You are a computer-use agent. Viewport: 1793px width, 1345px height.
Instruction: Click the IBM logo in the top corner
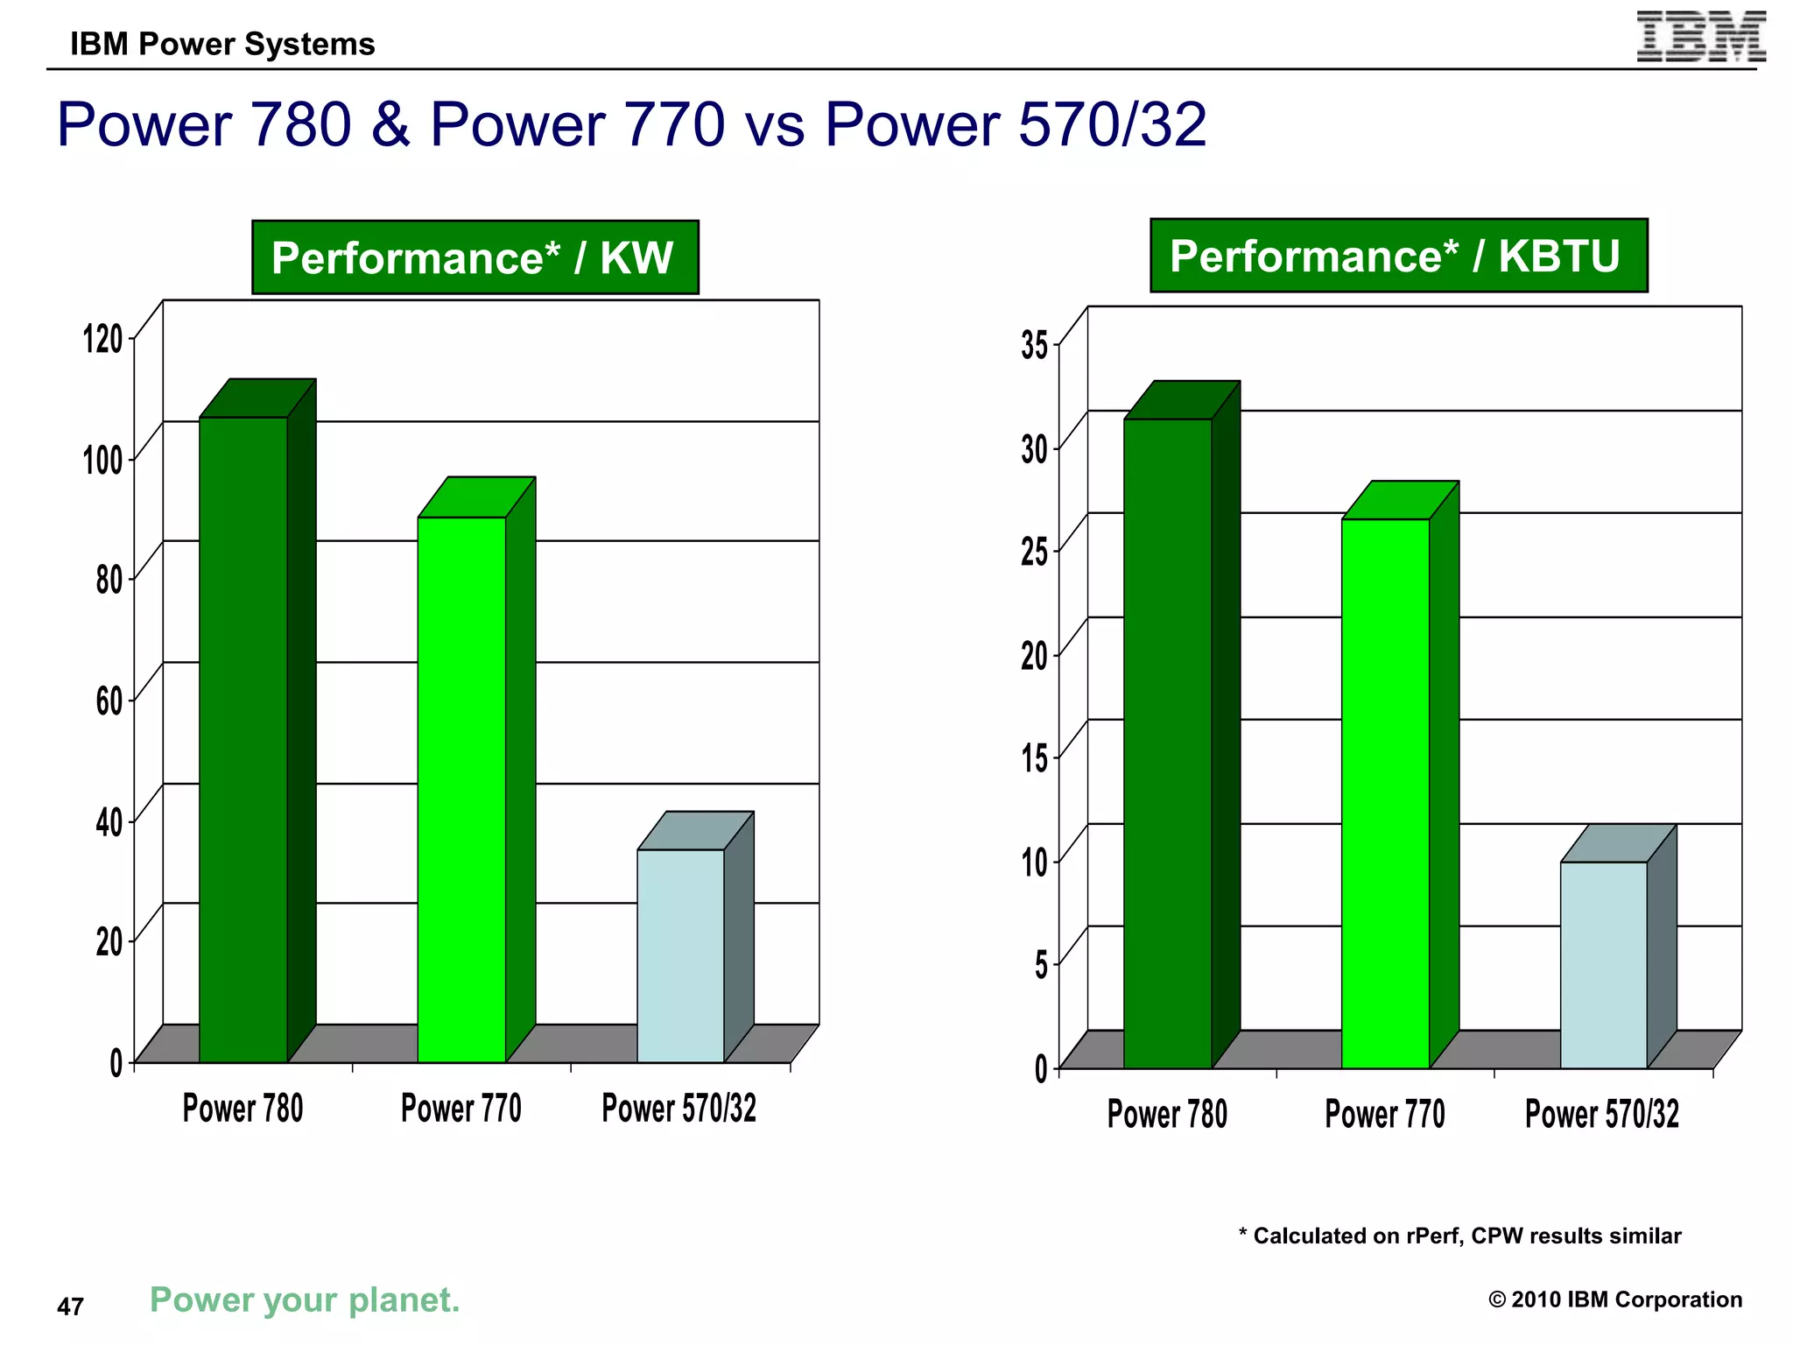pos(1700,37)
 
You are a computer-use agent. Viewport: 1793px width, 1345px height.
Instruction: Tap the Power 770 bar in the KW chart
pos(461,788)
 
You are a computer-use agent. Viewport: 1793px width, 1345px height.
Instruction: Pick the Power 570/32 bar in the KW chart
pos(680,954)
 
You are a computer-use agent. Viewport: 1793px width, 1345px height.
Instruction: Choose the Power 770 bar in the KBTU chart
pos(1385,792)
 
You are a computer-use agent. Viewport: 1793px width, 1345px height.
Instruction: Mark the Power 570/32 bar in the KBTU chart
pos(1603,963)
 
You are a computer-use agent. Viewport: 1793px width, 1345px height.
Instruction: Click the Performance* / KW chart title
pos(475,257)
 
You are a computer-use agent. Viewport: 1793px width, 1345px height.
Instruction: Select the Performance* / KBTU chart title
pos(1398,256)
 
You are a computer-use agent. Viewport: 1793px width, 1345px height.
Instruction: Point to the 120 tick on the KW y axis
pos(103,338)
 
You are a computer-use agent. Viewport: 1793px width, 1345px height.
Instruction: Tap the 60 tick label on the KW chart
pos(109,701)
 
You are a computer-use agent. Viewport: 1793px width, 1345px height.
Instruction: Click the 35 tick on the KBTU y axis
pos(1034,345)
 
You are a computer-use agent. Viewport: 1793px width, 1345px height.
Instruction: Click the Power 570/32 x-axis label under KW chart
pos(679,1109)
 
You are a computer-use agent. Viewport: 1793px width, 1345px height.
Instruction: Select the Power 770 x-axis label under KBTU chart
pos(1384,1115)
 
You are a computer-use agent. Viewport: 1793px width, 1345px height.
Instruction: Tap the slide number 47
pos(70,1306)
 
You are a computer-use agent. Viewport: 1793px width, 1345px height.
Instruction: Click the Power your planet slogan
pos(305,1300)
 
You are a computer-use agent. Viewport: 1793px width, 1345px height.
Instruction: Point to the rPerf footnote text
pos(1459,1236)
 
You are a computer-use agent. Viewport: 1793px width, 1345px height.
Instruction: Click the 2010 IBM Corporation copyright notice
pos(1614,1299)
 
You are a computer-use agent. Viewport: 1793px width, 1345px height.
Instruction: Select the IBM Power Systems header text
pos(222,44)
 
